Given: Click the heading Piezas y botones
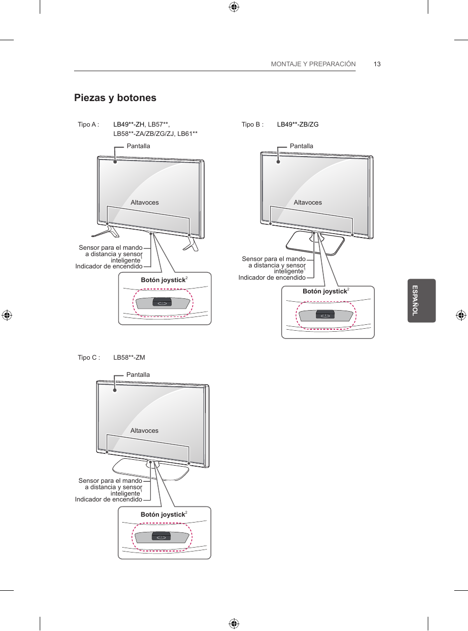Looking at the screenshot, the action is pyautogui.click(x=115, y=98).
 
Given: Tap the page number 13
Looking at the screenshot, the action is pyautogui.click(x=377, y=64).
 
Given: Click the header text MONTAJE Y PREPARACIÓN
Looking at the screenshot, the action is pyautogui.click(x=313, y=64).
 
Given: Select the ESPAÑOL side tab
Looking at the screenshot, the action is pyautogui.click(x=421, y=300).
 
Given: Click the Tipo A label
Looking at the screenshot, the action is pyautogui.click(x=88, y=125).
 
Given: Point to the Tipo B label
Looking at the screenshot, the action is pyautogui.click(x=252, y=125).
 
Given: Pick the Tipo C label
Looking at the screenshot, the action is pyautogui.click(x=89, y=358).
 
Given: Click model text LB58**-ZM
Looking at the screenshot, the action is pyautogui.click(x=129, y=358).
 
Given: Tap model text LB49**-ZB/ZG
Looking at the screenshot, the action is pyautogui.click(x=298, y=125).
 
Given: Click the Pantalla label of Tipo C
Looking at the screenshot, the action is pyautogui.click(x=138, y=375).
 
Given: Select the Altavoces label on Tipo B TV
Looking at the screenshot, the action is pyautogui.click(x=308, y=203).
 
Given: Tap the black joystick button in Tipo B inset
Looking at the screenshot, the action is pyautogui.click(x=325, y=315).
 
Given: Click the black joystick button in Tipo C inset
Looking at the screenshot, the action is pyautogui.click(x=161, y=536).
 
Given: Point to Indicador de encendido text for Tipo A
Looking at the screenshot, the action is pyautogui.click(x=109, y=266).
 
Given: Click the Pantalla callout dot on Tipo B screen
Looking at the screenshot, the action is pyautogui.click(x=278, y=162).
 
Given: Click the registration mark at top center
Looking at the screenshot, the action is pyautogui.click(x=234, y=7).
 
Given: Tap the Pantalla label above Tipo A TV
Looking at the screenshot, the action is pyautogui.click(x=138, y=146).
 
